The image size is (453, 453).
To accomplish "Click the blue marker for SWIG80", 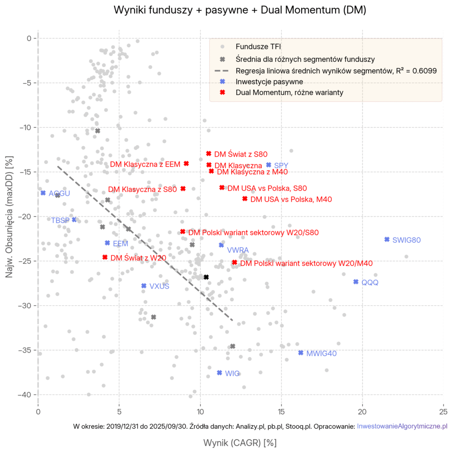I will coord(387,239).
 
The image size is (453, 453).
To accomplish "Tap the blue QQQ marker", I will coord(356,282).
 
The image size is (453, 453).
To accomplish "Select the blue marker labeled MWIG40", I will coord(301,353).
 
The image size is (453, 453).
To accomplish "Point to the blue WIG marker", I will coord(219,372).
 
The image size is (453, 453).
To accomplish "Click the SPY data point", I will coord(269,165).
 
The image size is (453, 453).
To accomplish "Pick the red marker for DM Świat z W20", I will coord(105,257).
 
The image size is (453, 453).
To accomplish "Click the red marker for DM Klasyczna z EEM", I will coord(186,163).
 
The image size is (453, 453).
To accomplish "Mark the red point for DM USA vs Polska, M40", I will coord(245,199).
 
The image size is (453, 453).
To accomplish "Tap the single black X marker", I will coord(206,277).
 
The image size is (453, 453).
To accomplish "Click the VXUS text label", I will coord(159,286).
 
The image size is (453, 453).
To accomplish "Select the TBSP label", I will coord(60,220).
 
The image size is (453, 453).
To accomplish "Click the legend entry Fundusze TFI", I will coord(258,46).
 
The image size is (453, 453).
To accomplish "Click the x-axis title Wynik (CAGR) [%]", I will coord(240,442).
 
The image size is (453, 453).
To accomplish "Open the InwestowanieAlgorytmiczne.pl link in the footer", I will coord(402,426).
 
